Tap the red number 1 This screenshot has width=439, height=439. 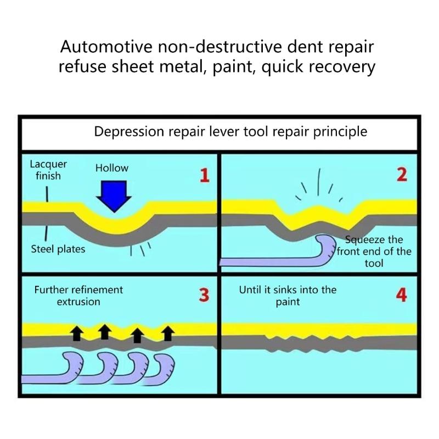click(204, 176)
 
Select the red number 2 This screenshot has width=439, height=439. click(402, 175)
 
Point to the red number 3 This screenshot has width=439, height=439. click(204, 295)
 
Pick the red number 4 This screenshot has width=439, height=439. click(402, 295)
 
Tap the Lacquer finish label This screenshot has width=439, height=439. click(48, 170)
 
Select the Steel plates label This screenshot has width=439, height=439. click(58, 250)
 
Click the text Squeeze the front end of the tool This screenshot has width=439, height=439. click(374, 251)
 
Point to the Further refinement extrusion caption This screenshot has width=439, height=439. click(78, 295)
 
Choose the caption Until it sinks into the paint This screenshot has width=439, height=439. click(288, 295)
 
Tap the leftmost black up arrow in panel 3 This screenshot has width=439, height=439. click(76, 331)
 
